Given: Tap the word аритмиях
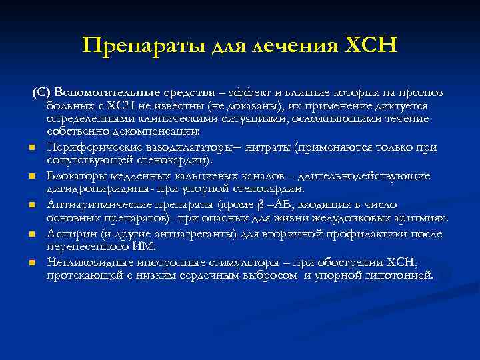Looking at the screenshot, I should pyautogui.click(x=422, y=218).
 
